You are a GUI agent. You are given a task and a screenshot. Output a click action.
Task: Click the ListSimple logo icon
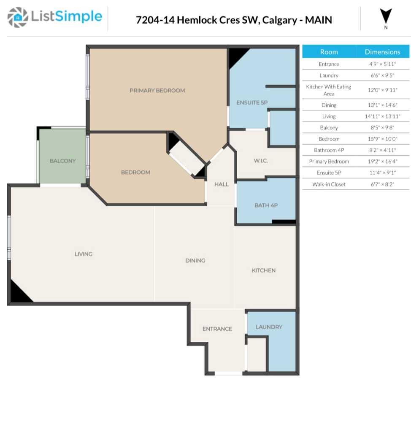(18, 17)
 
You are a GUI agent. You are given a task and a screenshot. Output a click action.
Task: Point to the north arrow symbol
(386, 17)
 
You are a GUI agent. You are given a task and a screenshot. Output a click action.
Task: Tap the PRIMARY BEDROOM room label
(157, 91)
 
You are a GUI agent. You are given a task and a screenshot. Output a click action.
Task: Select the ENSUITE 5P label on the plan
(251, 103)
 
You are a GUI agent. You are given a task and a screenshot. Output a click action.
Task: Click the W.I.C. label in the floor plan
(261, 161)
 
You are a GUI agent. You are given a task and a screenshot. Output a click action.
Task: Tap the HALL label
(221, 184)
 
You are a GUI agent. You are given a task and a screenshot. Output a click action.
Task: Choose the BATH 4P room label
(266, 205)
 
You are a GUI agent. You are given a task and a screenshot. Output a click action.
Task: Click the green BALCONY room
(62, 161)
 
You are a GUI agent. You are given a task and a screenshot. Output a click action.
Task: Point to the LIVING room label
(83, 254)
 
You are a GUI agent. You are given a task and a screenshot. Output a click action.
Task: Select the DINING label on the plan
(195, 261)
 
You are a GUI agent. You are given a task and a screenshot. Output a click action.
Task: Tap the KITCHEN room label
(263, 270)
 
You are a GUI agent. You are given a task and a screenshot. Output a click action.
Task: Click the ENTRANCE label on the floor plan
(217, 329)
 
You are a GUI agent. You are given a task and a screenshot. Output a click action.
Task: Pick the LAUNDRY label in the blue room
(269, 327)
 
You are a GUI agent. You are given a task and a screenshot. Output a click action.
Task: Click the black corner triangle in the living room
(17, 293)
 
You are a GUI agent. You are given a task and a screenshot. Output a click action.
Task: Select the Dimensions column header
(382, 52)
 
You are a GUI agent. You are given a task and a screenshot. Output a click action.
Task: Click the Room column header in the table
(329, 52)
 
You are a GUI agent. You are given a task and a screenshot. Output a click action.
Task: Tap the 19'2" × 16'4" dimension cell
(382, 162)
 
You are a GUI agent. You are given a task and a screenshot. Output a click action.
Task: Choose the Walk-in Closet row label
(329, 184)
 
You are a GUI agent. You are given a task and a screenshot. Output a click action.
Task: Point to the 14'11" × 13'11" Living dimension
(382, 116)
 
